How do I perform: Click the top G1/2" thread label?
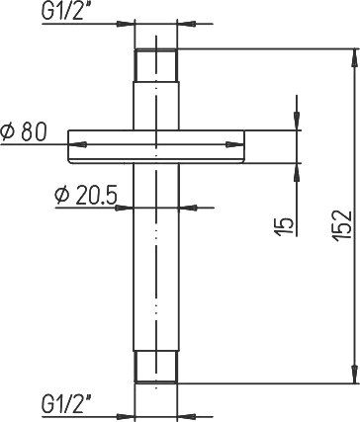pos(62,12)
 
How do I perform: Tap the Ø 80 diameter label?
pos(24,132)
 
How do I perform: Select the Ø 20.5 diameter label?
pos(86,196)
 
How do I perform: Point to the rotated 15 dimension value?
pos(284,227)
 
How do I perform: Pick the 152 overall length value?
pos(343,225)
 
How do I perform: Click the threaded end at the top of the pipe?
pos(156,65)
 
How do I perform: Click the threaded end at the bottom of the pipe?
pos(156,367)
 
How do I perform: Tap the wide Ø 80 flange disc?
pos(156,146)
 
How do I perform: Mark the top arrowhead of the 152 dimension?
pos(355,58)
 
